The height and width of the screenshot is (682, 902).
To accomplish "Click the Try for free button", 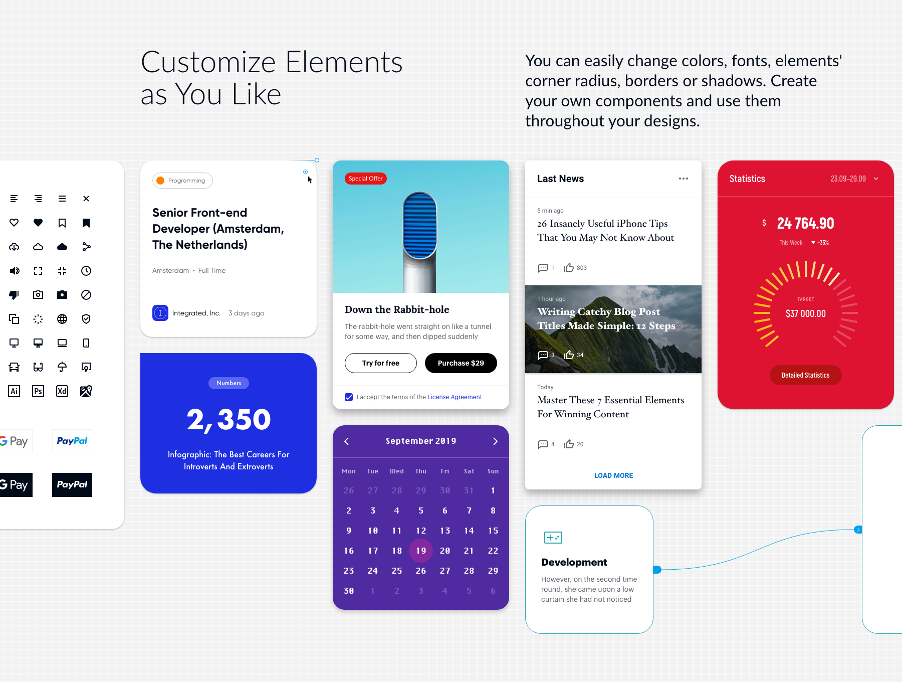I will [381, 363].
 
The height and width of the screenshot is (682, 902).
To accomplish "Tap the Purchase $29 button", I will [461, 363].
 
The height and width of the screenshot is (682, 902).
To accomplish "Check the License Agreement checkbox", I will [349, 397].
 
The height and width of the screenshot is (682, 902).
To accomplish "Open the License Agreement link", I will [455, 397].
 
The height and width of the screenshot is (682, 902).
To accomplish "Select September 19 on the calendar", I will [421, 551].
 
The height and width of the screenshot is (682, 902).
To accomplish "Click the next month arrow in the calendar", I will [495, 441].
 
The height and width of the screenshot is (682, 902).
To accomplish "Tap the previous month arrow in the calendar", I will [347, 441].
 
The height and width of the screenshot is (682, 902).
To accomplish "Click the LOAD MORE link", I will [613, 475].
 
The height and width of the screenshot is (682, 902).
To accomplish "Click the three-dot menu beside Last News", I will [684, 179].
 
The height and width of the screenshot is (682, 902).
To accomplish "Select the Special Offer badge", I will [366, 179].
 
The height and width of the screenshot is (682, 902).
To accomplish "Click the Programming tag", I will [182, 181].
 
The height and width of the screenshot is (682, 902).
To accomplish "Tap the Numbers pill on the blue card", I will [229, 383].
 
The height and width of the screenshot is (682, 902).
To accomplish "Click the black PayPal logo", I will [72, 485].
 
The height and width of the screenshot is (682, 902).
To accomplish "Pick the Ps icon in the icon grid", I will [38, 391].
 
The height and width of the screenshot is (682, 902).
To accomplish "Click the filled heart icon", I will [38, 223].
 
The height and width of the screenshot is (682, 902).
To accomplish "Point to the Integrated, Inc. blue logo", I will [160, 313].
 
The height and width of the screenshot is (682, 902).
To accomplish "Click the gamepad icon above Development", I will [553, 538].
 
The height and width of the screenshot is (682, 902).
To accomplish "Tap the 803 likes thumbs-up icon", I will [569, 268].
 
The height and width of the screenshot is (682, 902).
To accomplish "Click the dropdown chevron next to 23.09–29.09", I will [876, 179].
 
